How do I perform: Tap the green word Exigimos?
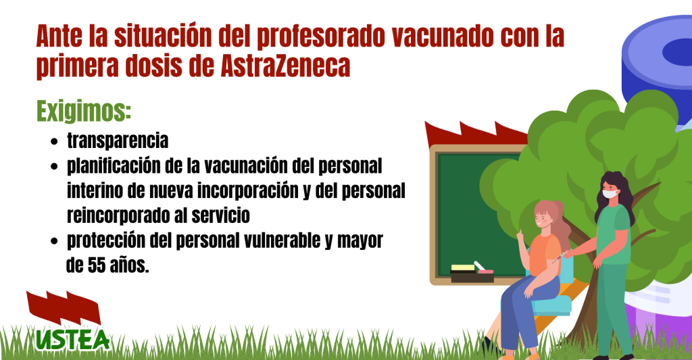(84, 111)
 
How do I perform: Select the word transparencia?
(118, 141)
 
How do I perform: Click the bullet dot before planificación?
(54, 167)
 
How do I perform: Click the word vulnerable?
(276, 240)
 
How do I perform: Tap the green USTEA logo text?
(73, 340)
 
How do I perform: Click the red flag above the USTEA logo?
(64, 307)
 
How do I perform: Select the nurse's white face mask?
(610, 193)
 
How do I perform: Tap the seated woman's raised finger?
(520, 233)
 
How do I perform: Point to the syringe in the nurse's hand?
(560, 257)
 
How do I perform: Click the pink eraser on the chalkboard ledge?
(485, 272)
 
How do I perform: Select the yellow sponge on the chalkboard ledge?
(463, 267)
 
